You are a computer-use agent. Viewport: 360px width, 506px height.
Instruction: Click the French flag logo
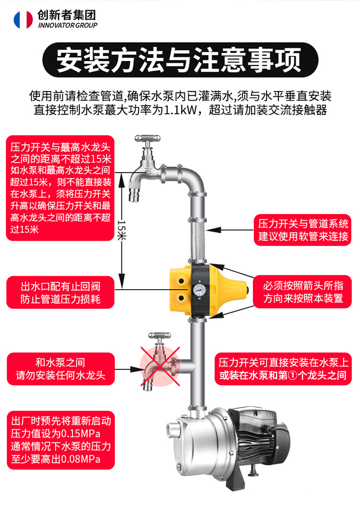23,20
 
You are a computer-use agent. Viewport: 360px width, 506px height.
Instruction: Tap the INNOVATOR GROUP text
68,25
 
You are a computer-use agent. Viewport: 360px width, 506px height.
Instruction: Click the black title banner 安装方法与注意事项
180,60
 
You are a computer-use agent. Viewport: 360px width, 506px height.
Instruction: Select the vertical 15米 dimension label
121,230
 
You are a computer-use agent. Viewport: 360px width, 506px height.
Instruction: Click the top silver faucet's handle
147,139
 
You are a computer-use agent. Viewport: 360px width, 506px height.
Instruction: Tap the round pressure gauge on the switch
199,290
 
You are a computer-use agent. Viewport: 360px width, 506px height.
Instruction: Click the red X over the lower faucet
160,366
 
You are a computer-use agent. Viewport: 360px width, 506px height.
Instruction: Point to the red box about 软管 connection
302,230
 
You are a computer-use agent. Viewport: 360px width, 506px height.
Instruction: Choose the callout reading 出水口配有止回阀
60,293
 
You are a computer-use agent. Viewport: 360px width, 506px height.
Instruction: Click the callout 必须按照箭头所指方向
302,292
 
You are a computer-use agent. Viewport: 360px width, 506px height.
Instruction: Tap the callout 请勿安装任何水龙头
60,368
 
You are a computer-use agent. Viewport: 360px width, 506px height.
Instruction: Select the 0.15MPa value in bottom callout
80,434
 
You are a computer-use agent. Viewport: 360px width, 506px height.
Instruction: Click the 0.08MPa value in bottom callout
80,459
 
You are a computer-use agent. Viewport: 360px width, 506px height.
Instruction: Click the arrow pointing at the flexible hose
229,230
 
